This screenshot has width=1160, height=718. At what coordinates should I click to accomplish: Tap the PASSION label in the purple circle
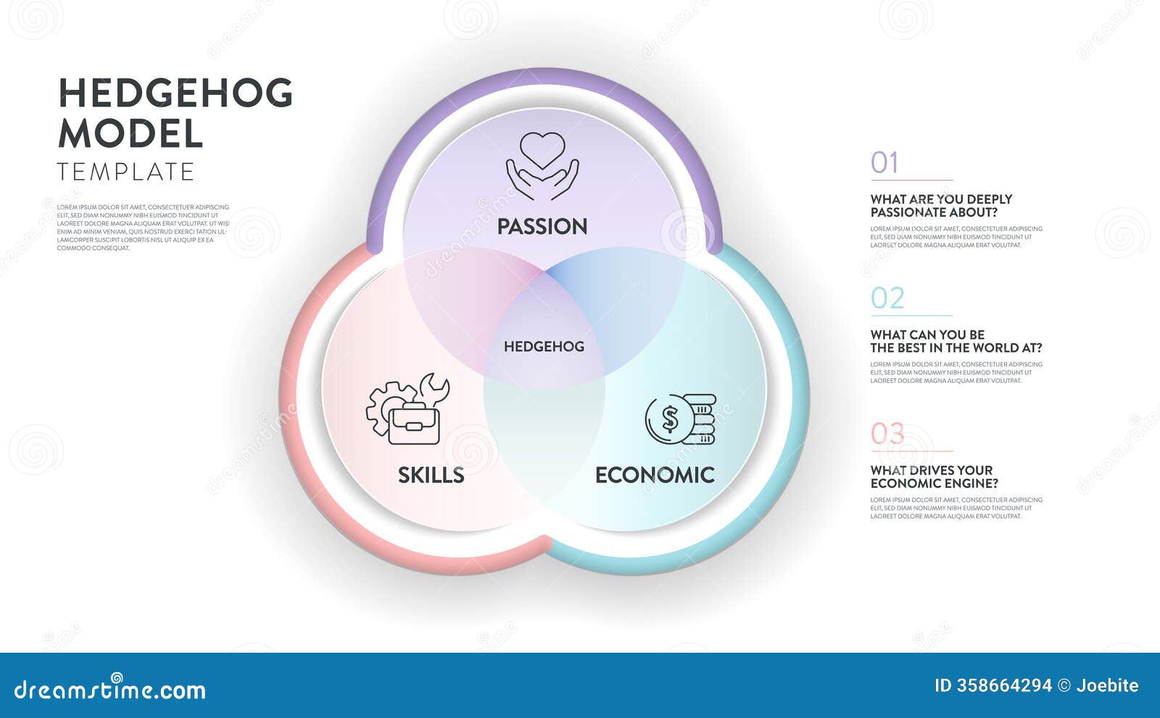(x=542, y=226)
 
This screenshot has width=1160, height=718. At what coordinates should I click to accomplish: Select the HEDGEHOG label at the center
(x=544, y=347)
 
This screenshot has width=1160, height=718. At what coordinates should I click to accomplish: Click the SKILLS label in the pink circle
(x=431, y=475)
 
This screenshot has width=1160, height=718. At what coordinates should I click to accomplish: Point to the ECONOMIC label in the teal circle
(x=655, y=475)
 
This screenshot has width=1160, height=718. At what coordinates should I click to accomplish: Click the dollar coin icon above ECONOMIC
(x=680, y=419)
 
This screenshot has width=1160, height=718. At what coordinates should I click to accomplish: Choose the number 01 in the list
(x=884, y=163)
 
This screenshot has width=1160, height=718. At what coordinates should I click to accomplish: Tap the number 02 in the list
(x=887, y=299)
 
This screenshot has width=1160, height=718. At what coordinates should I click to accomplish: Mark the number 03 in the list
(x=887, y=434)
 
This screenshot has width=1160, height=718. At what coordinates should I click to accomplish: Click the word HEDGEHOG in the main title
(x=175, y=94)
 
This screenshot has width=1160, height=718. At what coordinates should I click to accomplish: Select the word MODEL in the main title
(x=130, y=133)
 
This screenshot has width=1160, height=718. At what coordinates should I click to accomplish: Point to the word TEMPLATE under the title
(x=126, y=172)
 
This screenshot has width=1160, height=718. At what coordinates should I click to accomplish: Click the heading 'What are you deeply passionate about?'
(x=941, y=206)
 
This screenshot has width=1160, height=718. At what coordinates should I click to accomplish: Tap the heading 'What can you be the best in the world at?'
(x=956, y=342)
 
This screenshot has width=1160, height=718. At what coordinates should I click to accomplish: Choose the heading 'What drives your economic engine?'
(x=934, y=477)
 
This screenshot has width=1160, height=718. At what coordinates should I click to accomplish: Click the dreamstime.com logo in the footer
(x=110, y=690)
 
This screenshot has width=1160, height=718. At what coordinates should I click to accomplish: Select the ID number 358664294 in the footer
(x=993, y=685)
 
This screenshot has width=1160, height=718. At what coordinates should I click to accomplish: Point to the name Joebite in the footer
(x=1107, y=685)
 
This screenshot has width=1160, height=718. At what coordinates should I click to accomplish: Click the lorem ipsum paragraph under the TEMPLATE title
(x=143, y=228)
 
